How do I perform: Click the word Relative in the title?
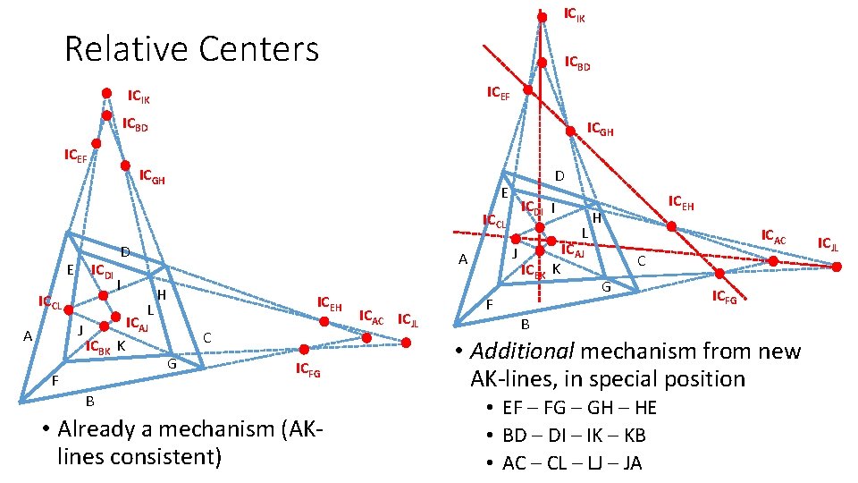click(x=122, y=48)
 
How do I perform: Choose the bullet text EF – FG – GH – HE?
click(x=579, y=408)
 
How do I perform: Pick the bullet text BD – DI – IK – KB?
click(x=574, y=435)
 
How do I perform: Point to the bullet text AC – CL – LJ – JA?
click(x=572, y=462)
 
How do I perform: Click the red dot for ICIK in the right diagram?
click(x=542, y=16)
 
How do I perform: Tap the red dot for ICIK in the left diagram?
click(x=106, y=92)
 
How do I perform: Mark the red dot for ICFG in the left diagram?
click(x=305, y=349)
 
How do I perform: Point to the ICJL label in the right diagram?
click(x=829, y=243)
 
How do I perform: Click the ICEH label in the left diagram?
click(x=330, y=306)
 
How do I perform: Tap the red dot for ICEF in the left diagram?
click(x=97, y=143)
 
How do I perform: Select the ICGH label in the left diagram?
click(x=152, y=176)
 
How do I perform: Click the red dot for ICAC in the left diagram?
click(x=366, y=338)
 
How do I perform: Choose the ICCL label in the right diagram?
click(x=494, y=221)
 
